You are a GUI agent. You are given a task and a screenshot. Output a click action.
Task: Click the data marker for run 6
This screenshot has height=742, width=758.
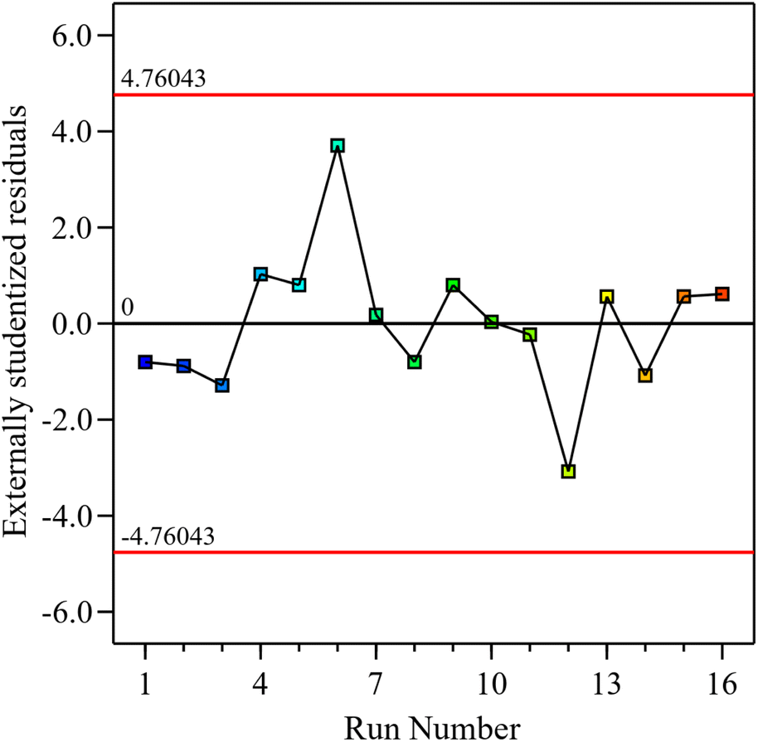(338, 146)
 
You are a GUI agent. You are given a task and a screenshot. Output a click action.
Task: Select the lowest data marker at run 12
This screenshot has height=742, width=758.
(568, 471)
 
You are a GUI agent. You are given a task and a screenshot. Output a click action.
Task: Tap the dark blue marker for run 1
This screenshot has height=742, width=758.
(145, 361)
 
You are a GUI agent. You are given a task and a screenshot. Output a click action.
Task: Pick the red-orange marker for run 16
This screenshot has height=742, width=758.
(722, 293)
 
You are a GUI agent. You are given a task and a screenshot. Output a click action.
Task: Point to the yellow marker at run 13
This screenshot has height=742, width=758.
(607, 296)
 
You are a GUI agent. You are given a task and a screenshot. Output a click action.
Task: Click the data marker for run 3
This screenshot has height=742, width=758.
(222, 386)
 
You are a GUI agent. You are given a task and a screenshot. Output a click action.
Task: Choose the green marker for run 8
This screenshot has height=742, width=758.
(415, 361)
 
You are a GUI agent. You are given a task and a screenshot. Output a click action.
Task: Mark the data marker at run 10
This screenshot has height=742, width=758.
(492, 322)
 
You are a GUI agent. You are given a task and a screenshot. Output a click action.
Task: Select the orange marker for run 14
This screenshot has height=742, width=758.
(645, 376)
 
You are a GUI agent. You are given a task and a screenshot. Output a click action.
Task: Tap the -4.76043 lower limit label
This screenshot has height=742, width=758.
(168, 536)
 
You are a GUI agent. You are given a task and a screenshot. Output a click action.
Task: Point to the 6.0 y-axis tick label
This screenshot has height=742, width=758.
(73, 36)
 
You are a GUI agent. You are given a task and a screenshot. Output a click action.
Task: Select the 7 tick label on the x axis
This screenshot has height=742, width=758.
(377, 685)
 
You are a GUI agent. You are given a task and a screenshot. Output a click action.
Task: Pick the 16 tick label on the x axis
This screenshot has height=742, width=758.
(722, 685)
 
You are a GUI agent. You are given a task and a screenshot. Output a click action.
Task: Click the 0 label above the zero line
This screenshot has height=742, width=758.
(128, 308)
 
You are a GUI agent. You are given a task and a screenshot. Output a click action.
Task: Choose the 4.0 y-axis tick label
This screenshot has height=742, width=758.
(73, 132)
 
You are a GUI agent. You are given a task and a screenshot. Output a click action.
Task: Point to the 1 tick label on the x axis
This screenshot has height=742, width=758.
(145, 685)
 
